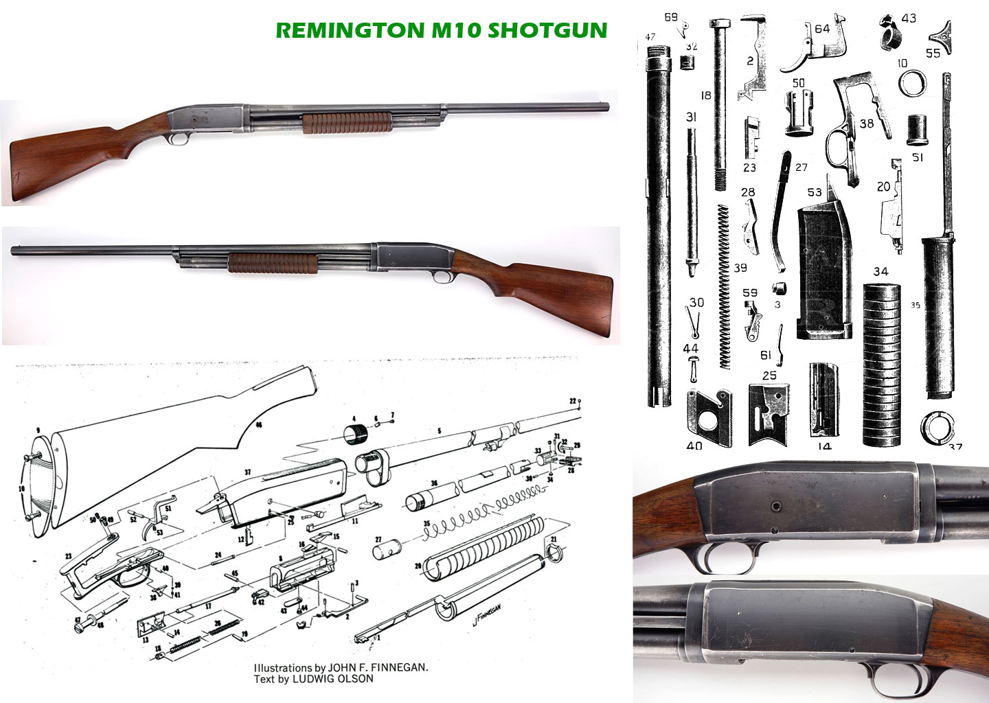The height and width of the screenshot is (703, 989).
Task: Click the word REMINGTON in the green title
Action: coord(350,30)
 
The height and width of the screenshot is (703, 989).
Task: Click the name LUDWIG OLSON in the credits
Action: coord(333,679)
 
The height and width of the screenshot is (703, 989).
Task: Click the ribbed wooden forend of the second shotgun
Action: coord(272,262)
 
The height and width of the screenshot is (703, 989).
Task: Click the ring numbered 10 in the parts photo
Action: coord(912,84)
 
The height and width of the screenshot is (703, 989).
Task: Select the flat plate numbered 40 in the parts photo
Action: coord(709,417)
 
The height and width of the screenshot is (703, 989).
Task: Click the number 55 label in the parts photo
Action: coord(933,53)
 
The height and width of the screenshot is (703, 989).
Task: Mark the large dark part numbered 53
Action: coord(823,275)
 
